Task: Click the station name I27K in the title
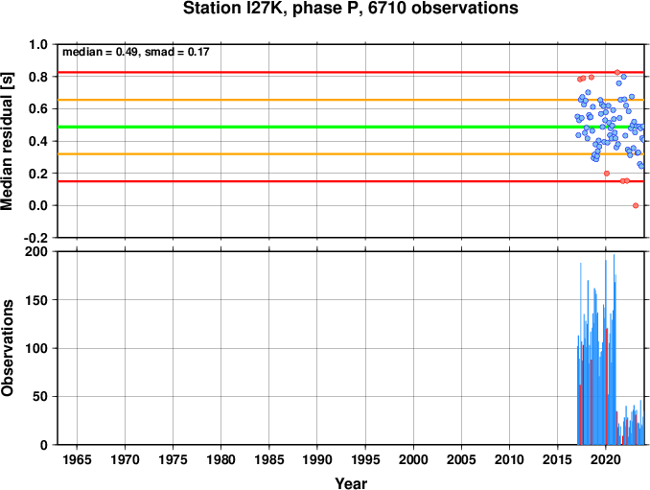pyautogui.click(x=267, y=8)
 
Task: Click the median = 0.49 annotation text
pyautogui.click(x=100, y=52)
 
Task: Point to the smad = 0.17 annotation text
pyautogui.click(x=177, y=52)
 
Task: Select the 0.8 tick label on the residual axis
pyautogui.click(x=38, y=77)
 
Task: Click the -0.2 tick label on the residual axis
pyautogui.click(x=36, y=238)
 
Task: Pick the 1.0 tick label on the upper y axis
pyautogui.click(x=38, y=44)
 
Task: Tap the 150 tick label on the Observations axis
pyautogui.click(x=36, y=300)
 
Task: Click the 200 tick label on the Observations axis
pyautogui.click(x=36, y=251)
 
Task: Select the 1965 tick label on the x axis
pyautogui.click(x=77, y=459)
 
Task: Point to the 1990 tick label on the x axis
pyautogui.click(x=317, y=459)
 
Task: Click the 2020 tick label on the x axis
pyautogui.click(x=606, y=459)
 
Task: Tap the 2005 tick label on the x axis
pyautogui.click(x=461, y=459)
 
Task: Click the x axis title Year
pyautogui.click(x=351, y=483)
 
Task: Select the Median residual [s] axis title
pyautogui.click(x=8, y=141)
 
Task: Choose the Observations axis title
pyautogui.click(x=8, y=348)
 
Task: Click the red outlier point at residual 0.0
pyautogui.click(x=636, y=205)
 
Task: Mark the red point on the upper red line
pyautogui.click(x=617, y=72)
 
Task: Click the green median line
pyautogui.click(x=351, y=127)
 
